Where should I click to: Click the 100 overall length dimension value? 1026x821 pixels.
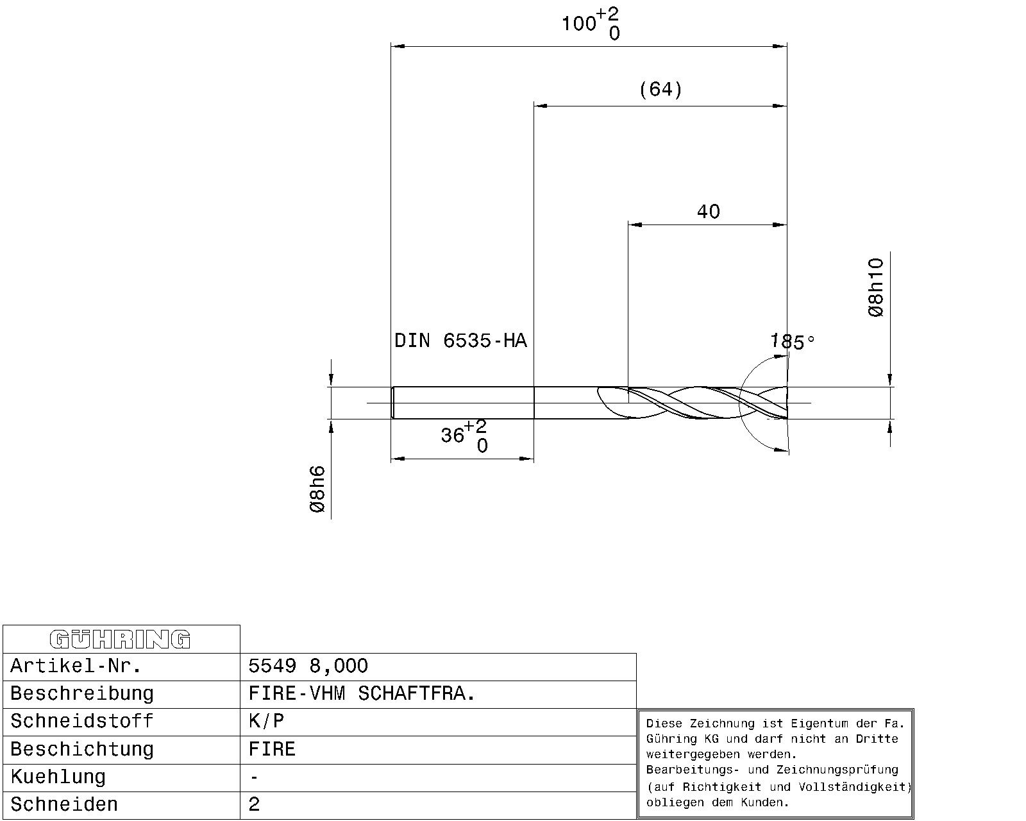point(579,23)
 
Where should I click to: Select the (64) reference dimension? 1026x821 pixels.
point(660,89)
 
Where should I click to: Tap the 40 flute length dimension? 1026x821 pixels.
point(708,211)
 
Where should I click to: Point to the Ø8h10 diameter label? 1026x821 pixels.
point(876,287)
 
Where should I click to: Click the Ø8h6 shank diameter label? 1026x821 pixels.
point(317,489)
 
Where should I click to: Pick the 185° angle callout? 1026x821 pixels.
point(792,342)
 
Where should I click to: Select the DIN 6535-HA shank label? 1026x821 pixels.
point(460,341)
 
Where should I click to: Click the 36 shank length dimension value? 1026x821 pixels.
point(452,435)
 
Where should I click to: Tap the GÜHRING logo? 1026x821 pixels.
point(120,639)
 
